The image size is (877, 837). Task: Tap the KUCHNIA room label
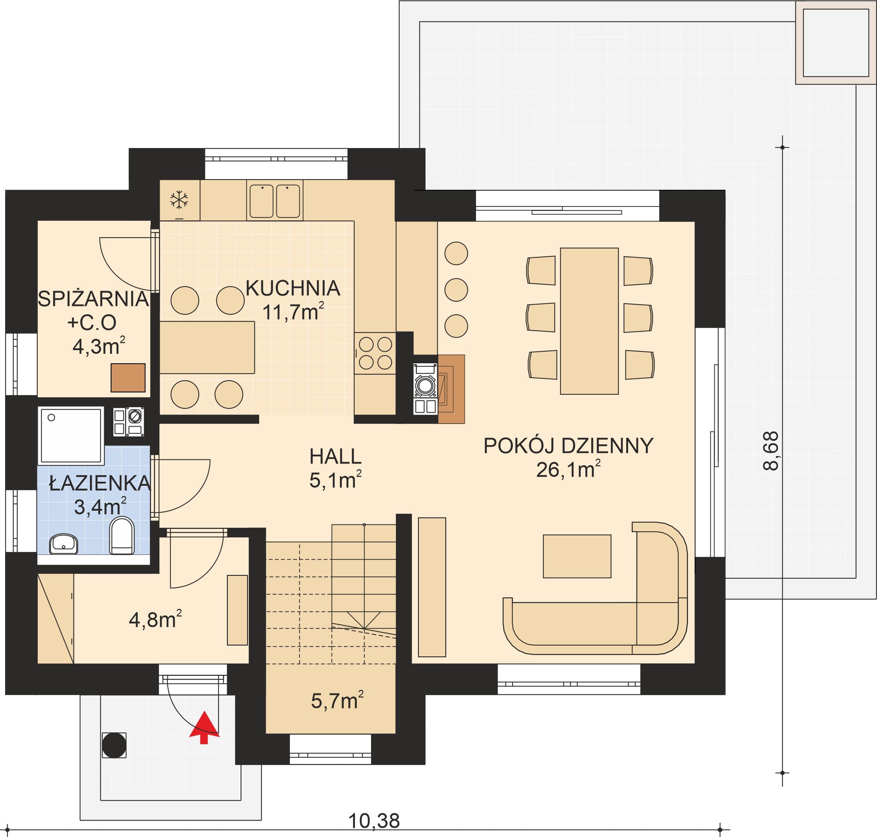click(x=293, y=288)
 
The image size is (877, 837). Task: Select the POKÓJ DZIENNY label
click(x=568, y=446)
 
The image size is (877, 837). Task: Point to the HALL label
click(x=335, y=457)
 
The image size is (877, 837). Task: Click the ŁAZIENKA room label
click(x=100, y=483)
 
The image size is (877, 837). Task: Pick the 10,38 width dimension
click(x=374, y=821)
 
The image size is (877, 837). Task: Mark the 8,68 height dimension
click(x=771, y=451)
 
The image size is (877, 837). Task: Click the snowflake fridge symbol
click(x=179, y=200)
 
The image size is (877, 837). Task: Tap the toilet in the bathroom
click(x=122, y=535)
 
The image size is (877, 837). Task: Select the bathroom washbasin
click(x=63, y=544)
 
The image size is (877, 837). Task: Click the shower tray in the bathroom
click(x=71, y=435)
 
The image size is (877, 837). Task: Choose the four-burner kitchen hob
click(x=375, y=353)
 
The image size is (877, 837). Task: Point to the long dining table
click(x=589, y=321)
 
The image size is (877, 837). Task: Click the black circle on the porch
click(x=114, y=745)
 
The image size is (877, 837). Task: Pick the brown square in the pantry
click(x=128, y=378)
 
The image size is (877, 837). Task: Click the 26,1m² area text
click(x=568, y=470)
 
